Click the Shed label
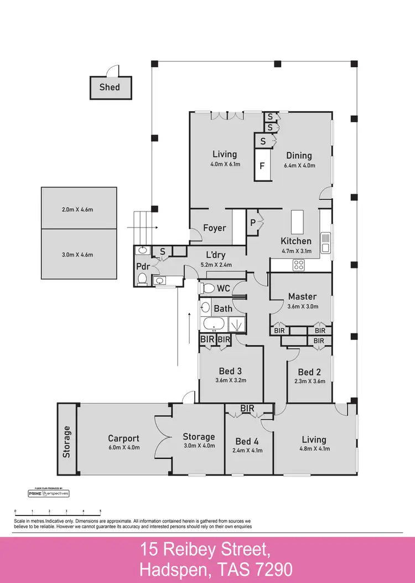pyautogui.click(x=110, y=87)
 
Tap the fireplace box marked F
pyautogui.click(x=263, y=166)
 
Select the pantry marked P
pyautogui.click(x=252, y=223)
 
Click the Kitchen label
pyautogui.click(x=296, y=241)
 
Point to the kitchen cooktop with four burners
pyautogui.click(x=299, y=264)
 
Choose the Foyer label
pyautogui.click(x=215, y=228)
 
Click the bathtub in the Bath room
pyautogui.click(x=214, y=325)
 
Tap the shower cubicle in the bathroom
pyautogui.click(x=238, y=324)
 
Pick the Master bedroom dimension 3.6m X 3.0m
pyautogui.click(x=302, y=307)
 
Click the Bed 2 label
pyautogui.click(x=309, y=372)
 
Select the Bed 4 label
pyautogui.click(x=247, y=441)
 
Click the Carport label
pyautogui.click(x=123, y=438)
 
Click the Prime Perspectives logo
pyautogui.click(x=49, y=493)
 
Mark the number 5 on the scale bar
pyautogui.click(x=100, y=511)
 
